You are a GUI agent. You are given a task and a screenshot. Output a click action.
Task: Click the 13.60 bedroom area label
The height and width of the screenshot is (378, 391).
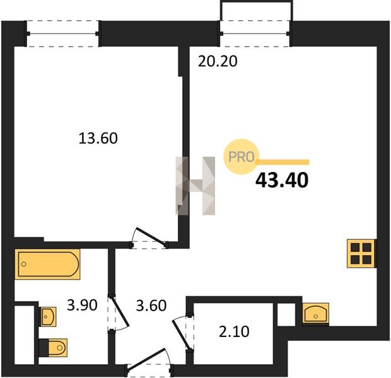click(98, 139)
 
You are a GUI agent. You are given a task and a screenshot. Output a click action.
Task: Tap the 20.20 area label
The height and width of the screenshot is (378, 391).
click(218, 61)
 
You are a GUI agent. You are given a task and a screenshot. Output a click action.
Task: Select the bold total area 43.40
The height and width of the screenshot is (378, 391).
click(282, 180)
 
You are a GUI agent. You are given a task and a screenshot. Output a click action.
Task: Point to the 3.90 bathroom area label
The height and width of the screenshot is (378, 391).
click(82, 305)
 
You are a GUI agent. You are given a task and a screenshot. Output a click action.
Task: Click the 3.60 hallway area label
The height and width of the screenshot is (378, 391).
click(151, 306)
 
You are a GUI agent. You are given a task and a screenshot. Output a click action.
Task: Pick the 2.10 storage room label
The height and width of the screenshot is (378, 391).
click(234, 331)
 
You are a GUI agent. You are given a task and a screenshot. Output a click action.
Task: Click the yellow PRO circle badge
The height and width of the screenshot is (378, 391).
click(241, 157)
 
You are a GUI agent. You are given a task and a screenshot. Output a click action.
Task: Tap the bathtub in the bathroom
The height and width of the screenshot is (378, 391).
click(47, 264)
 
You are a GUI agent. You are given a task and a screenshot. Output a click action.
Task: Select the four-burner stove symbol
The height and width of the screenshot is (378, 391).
click(361, 253)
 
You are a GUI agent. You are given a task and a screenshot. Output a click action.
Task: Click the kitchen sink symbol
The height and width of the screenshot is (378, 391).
click(315, 313)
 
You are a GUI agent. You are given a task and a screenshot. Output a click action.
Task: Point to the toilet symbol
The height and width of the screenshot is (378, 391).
click(53, 348)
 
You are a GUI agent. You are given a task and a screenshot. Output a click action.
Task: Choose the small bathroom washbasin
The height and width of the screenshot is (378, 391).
click(48, 316)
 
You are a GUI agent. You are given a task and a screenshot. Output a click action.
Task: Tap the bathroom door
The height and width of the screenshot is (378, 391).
click(118, 313)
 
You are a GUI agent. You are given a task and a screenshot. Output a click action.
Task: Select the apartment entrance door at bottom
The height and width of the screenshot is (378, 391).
click(149, 362)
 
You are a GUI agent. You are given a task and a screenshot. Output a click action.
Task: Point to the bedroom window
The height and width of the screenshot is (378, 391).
click(62, 33)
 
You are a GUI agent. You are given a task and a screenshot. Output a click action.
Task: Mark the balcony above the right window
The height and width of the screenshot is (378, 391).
click(256, 11)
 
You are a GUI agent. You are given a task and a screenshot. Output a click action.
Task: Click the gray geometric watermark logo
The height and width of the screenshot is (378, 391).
click(195, 186)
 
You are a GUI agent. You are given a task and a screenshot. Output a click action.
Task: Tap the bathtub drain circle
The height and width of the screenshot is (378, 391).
click(24, 264)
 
